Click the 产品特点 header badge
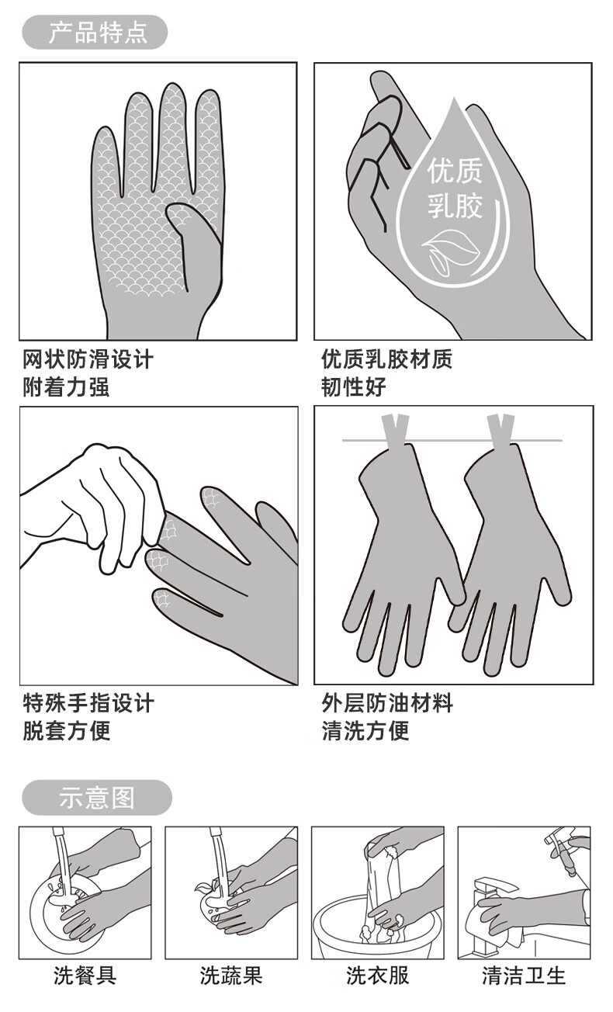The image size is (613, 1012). coord(95,32)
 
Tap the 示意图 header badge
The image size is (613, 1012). coord(97,797)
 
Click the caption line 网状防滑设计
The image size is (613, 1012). coord(88,359)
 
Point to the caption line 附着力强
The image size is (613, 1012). coord(67,387)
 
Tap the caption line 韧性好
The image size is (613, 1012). coord(354,387)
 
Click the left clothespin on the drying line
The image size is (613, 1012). coord(394,429)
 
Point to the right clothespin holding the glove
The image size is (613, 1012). coord(500,430)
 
